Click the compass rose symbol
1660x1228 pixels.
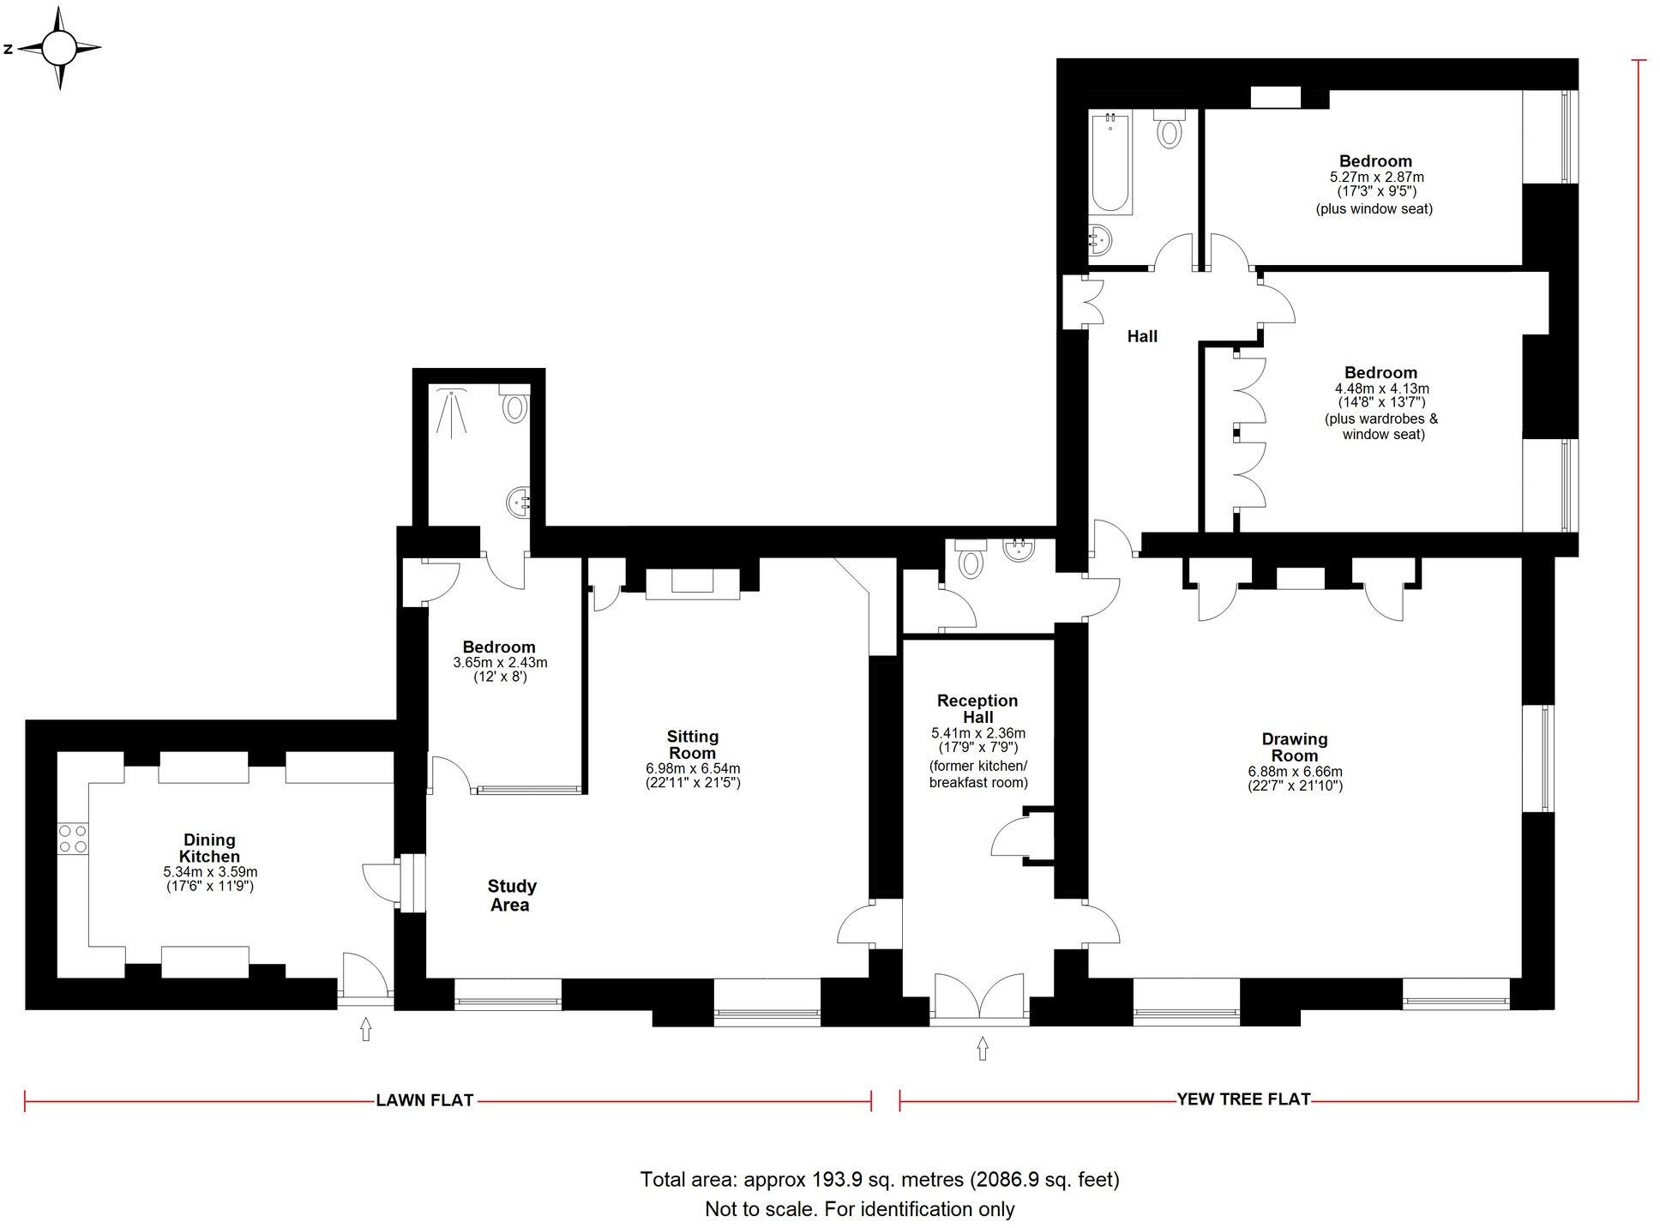[59, 48]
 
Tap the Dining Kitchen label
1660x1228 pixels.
[209, 848]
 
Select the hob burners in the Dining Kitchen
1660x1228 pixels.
[73, 839]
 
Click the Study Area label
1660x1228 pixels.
[511, 895]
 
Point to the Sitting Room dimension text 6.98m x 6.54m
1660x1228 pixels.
[693, 768]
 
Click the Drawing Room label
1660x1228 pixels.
[1294, 747]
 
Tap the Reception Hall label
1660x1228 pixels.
[977, 708]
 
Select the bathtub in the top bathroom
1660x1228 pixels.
[1110, 163]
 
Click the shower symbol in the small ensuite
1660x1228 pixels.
[451, 412]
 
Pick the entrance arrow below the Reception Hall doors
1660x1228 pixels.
[983, 1048]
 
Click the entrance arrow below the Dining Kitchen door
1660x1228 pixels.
[366, 1028]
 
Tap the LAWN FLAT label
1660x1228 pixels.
[424, 1100]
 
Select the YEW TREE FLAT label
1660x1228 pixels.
[1243, 1099]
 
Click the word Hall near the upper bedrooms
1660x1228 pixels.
[1142, 337]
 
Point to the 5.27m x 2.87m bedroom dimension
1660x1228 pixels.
[1376, 177]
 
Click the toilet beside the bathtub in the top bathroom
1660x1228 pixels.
[1169, 129]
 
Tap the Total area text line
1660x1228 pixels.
[880, 1179]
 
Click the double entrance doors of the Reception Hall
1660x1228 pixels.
[979, 999]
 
